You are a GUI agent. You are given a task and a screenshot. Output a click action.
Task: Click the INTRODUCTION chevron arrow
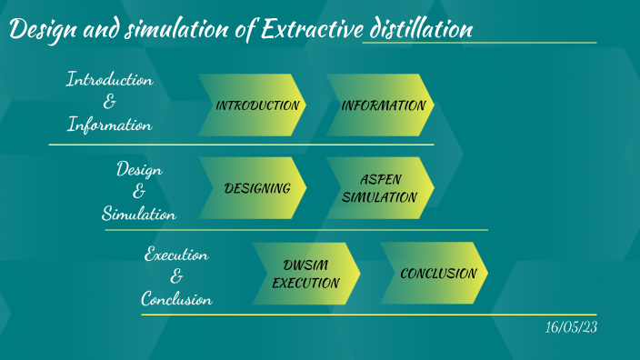[x=255, y=105]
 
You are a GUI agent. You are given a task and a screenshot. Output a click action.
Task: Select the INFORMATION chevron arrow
[x=382, y=105]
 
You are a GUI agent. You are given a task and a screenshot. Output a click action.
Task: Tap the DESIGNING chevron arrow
[x=255, y=188]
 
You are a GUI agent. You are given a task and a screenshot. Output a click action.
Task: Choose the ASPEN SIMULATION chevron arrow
[x=382, y=188]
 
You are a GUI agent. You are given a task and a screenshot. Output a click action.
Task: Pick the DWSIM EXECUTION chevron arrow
[x=307, y=273]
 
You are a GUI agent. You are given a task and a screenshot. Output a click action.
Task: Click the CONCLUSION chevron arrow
[x=436, y=273]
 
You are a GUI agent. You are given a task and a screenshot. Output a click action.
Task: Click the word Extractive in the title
[x=309, y=30]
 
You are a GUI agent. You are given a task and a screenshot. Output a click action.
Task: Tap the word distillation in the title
[x=418, y=30]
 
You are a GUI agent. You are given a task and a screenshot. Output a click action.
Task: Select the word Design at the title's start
[x=42, y=30]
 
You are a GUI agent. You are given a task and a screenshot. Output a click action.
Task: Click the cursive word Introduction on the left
[x=109, y=80]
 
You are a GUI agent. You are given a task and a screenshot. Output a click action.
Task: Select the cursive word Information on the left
[x=109, y=125]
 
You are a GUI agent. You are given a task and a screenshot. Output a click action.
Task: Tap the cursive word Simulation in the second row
[x=139, y=214]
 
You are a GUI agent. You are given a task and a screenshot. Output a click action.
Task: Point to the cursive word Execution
[x=176, y=255]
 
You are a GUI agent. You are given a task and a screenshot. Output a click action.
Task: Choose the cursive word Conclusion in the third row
[x=176, y=298]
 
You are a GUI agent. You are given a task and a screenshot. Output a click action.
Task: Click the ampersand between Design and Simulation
[x=139, y=191]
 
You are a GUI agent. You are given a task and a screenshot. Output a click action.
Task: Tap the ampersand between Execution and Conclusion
[x=176, y=276]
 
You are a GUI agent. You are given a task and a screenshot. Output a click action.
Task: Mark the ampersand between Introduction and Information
[x=109, y=103]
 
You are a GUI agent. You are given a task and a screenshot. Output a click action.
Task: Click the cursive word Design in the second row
[x=139, y=169]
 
